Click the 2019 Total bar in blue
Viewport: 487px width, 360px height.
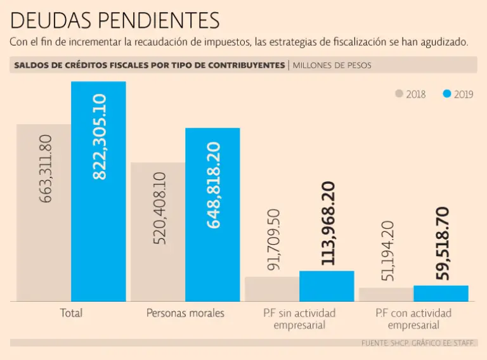pos(98,241)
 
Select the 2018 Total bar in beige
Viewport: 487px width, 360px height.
pos(44,254)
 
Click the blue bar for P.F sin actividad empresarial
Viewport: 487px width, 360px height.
pos(327,286)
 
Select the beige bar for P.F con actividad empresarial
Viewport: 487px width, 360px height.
pos(386,294)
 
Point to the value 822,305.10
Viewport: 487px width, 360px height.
pos(100,137)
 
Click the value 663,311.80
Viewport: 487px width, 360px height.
pos(46,168)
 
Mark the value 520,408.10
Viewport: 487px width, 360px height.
pos(159,209)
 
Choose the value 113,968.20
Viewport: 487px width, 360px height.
pos(328,223)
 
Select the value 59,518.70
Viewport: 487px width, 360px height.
pos(443,243)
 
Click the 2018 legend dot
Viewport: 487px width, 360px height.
pos(399,94)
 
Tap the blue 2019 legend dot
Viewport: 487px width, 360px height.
pos(447,94)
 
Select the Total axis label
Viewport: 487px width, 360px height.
pos(71,313)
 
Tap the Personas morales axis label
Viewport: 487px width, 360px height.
pos(185,313)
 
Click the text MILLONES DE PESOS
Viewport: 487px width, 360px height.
pos(332,65)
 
